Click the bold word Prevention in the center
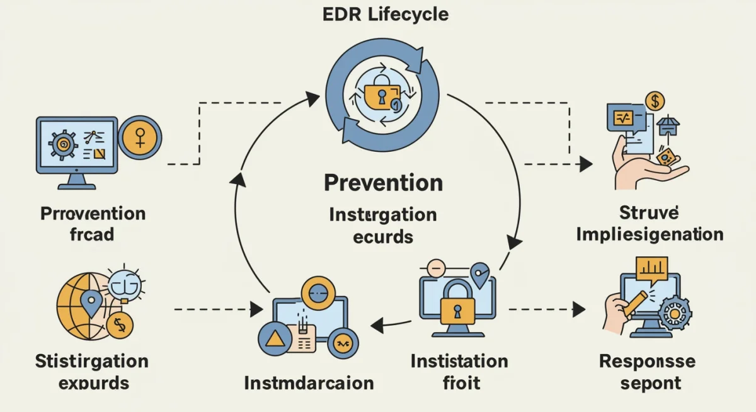tap(383, 183)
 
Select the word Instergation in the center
tap(382, 214)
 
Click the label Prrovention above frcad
tap(93, 213)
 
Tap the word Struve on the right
tap(650, 212)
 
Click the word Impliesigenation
tap(650, 234)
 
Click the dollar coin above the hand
tap(656, 101)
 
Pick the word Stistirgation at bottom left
tap(92, 361)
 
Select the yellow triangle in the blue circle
tap(275, 340)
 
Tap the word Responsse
tap(647, 361)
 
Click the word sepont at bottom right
tap(649, 382)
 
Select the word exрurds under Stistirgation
tap(92, 382)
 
